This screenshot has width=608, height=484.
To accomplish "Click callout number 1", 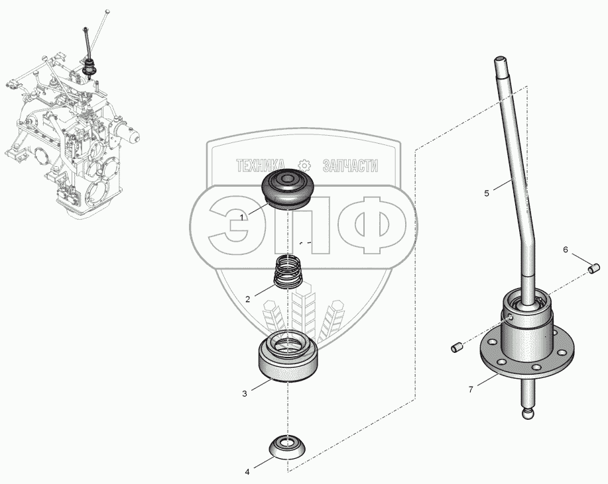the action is tap(243, 217).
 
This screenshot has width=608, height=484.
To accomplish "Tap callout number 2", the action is tap(247, 299).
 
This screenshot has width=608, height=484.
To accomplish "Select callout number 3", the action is tap(244, 393).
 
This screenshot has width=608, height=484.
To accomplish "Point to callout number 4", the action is tap(247, 472).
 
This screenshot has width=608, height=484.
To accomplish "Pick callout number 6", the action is tap(566, 250).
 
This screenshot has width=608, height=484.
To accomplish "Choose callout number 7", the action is tap(471, 389).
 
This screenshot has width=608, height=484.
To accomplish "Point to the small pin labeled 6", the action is tap(595, 268).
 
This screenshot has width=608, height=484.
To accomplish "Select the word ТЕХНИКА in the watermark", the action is tap(261, 166).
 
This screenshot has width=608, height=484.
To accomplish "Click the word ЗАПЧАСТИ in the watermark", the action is tap(350, 166).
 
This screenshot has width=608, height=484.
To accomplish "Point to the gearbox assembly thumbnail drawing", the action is tap(70, 132).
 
